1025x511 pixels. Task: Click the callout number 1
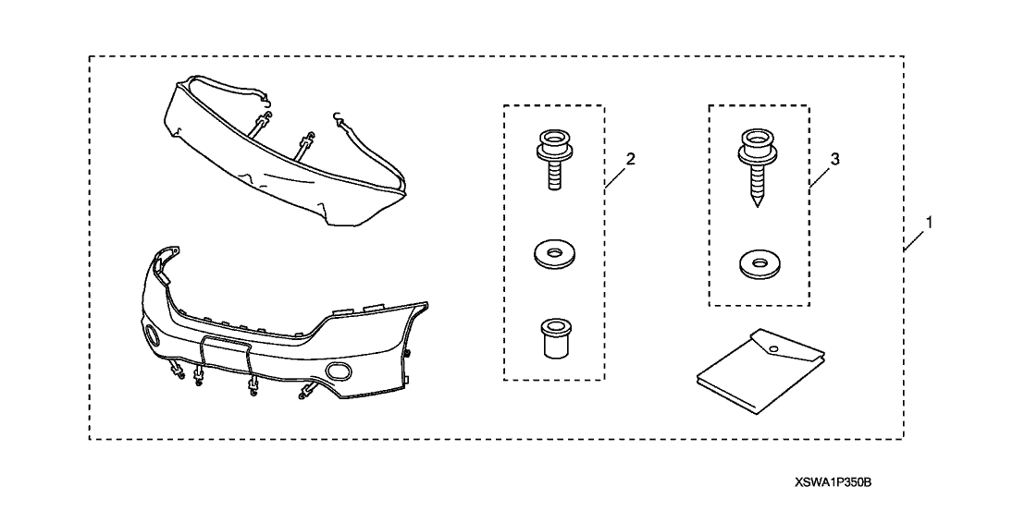tap(930, 223)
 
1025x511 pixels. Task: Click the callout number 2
tap(630, 159)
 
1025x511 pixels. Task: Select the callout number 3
tap(834, 159)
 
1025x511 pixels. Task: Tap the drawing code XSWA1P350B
tap(834, 482)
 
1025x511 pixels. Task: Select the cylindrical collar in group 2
tap(552, 339)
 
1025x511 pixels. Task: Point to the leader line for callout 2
tap(616, 175)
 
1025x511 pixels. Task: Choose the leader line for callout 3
tap(821, 175)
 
